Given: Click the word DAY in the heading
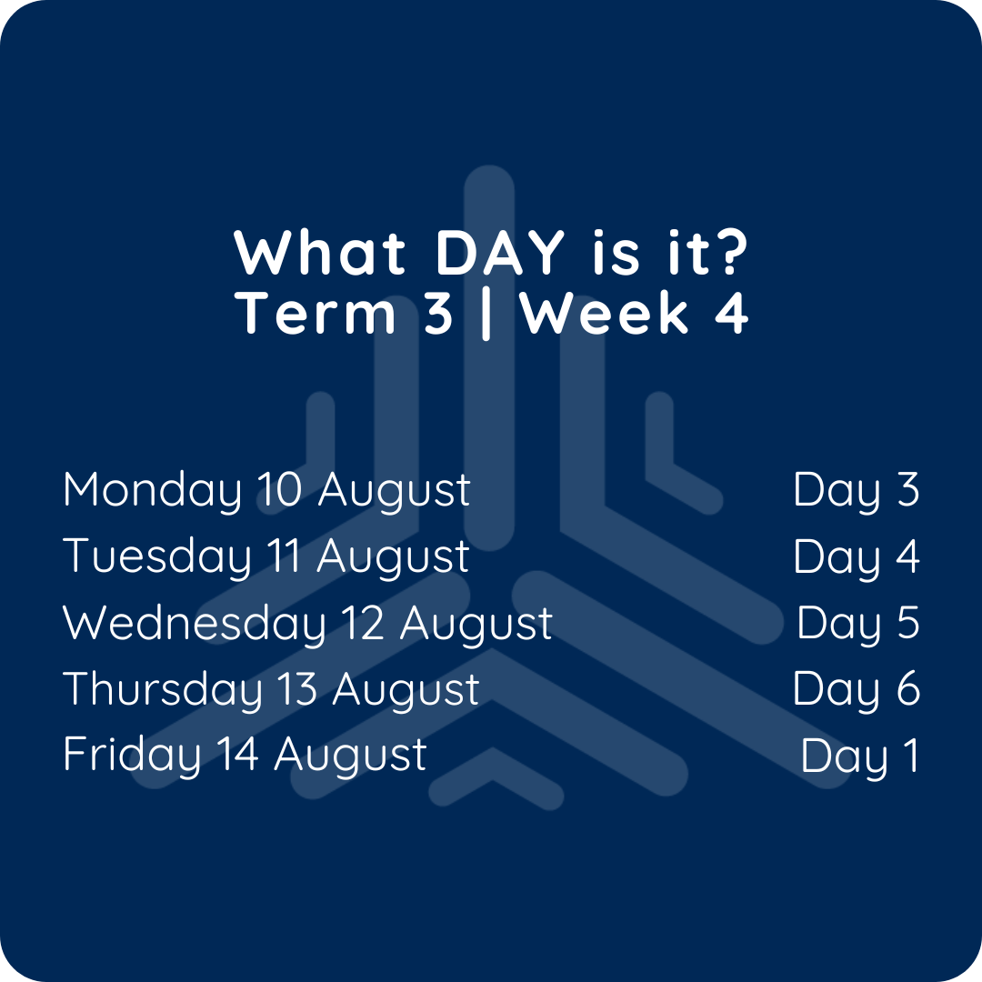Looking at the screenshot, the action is click(x=500, y=252).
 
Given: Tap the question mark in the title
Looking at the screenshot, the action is click(x=731, y=252).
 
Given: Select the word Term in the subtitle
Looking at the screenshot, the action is click(x=316, y=313).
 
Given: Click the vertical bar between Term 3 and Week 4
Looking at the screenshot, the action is click(x=486, y=314).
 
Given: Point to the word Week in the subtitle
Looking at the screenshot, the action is click(x=605, y=313).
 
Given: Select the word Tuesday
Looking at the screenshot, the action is click(x=156, y=557).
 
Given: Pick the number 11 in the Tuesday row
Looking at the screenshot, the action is click(x=284, y=556).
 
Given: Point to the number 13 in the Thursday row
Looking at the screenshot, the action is click(x=297, y=689).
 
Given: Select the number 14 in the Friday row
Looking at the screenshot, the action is click(x=238, y=754).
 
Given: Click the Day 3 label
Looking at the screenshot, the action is click(x=857, y=491).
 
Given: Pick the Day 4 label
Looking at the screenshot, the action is click(x=857, y=557).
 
